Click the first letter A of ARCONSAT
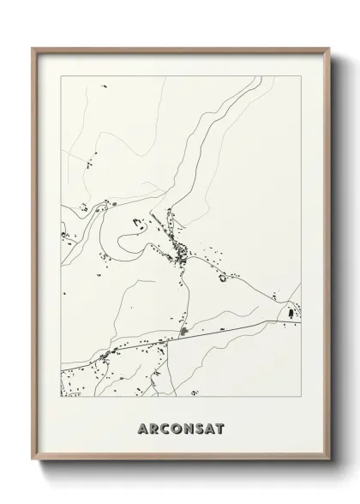[x=141, y=428]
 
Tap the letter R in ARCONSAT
[x=153, y=428]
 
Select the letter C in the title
[x=165, y=428]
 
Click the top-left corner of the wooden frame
[x=33, y=47]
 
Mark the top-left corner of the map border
[x=61, y=75]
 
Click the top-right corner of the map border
[x=303, y=75]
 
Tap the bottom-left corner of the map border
[x=61, y=399]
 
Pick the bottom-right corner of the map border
[x=303, y=399]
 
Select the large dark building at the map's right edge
[x=290, y=315]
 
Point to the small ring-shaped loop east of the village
[x=227, y=276]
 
